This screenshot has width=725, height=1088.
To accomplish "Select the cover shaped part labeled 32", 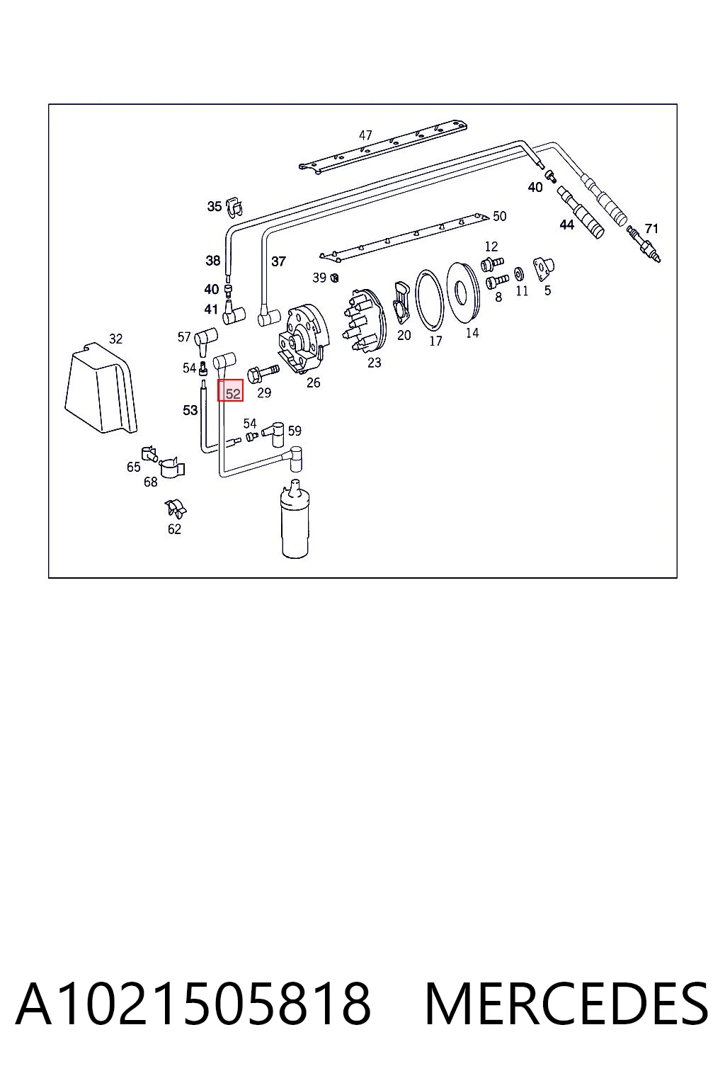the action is click(101, 387).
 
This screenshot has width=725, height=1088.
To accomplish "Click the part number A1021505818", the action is click(193, 1004).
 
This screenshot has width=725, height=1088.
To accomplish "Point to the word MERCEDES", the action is click(566, 1004).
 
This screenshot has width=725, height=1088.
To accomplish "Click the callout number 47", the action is click(365, 135).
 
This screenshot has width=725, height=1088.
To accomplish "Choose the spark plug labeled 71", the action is click(644, 244).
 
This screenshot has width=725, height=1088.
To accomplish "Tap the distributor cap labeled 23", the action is click(365, 322).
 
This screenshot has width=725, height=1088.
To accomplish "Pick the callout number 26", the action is click(313, 382).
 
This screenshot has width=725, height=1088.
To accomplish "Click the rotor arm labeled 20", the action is click(402, 302).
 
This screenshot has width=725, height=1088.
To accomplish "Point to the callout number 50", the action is click(500, 216).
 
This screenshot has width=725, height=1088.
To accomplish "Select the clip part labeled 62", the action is click(176, 508).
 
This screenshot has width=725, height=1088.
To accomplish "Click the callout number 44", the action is click(566, 225).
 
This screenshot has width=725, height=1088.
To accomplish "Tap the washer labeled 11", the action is click(519, 274).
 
